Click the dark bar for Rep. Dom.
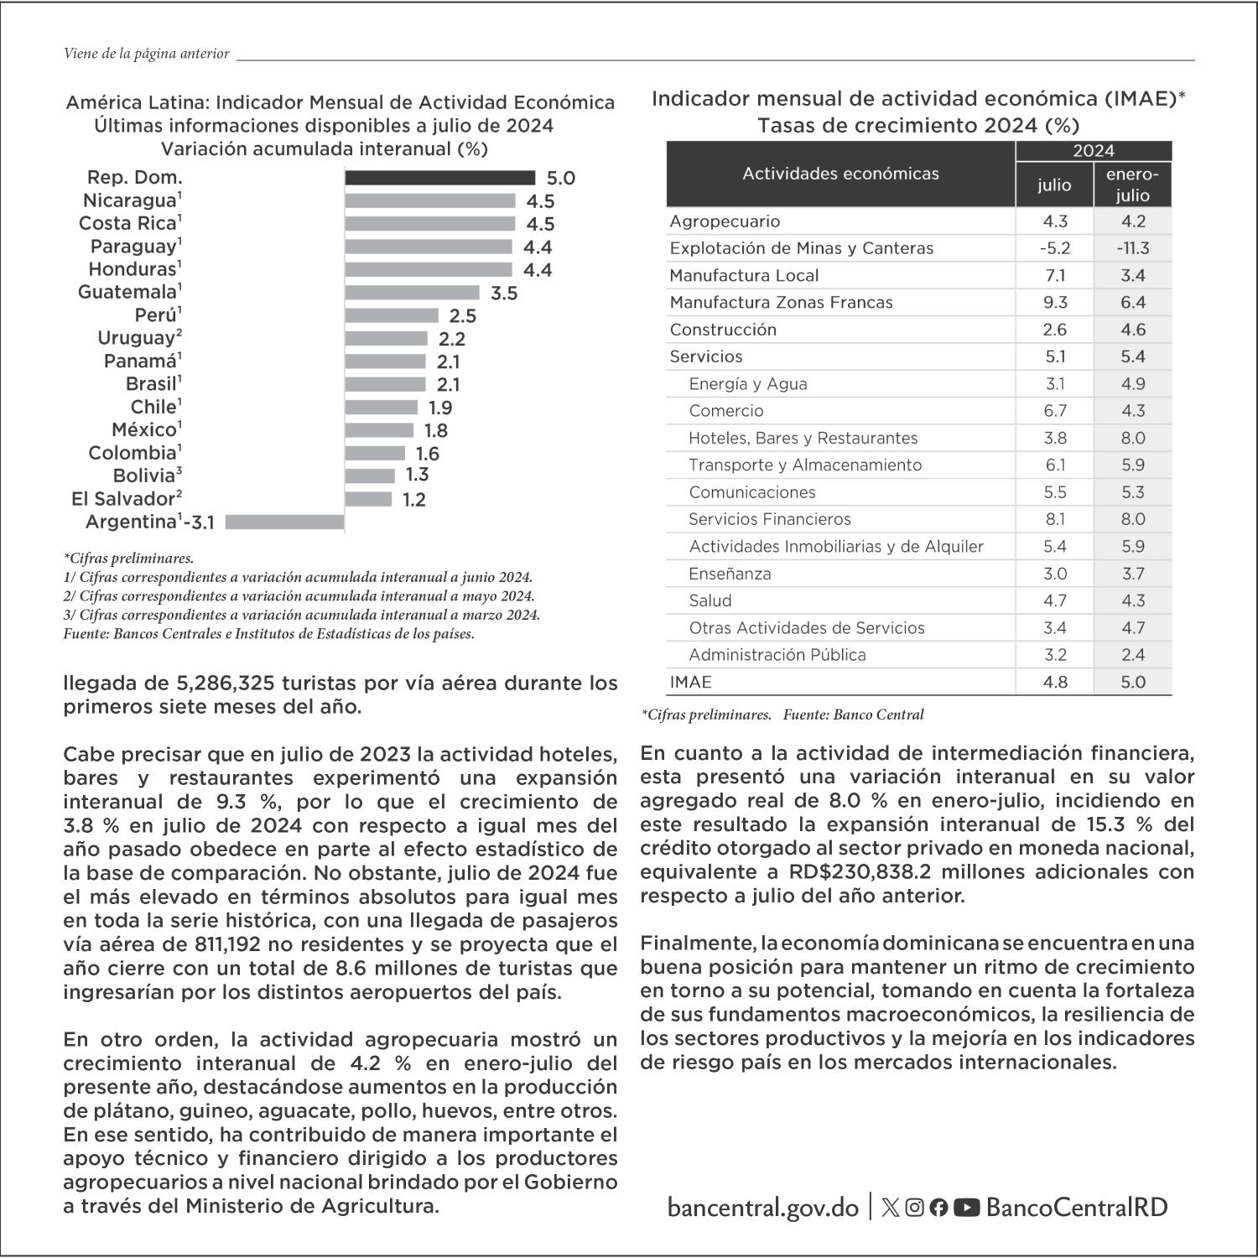439,178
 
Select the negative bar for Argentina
285,522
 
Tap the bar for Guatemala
412,293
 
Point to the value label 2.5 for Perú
462,316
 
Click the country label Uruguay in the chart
135,339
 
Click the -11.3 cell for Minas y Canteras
1132,248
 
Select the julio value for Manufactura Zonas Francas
1054,303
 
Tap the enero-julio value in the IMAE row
1132,683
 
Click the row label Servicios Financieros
769,519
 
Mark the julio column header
1054,185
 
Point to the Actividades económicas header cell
840,174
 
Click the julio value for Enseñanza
1054,574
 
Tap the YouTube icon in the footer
966,1208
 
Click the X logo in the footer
891,1208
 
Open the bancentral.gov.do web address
763,1208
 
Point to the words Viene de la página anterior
146,54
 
